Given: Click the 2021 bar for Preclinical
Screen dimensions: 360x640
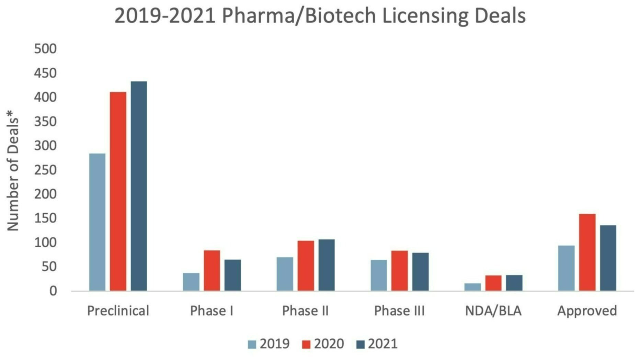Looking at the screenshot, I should coord(139,186).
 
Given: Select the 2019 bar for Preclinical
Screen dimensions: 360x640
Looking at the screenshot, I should coord(97,222).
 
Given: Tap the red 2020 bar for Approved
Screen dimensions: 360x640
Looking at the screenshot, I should coord(587,252).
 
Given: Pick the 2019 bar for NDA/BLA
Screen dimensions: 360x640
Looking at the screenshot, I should coord(472,287).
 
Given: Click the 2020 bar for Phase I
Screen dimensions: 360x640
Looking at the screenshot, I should coord(212,270).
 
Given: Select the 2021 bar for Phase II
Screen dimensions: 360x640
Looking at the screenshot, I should coord(327,265).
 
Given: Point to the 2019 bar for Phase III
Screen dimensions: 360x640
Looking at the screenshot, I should coord(379,275).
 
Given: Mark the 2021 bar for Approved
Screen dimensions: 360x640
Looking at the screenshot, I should coord(608,258).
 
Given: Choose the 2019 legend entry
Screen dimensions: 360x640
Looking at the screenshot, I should coord(269,344).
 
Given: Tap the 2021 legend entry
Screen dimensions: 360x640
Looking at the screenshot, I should coord(377,344).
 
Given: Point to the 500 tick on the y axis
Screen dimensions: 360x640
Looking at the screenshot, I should coord(45,49).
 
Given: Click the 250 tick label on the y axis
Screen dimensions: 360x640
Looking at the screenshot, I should coord(45,170).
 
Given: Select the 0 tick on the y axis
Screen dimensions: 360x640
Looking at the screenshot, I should coord(53,291).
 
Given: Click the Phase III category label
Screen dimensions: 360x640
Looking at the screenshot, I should coord(399,311).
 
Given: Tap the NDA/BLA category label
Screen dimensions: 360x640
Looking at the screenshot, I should coord(493,311).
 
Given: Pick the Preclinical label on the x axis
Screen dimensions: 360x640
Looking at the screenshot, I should coord(118,311).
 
